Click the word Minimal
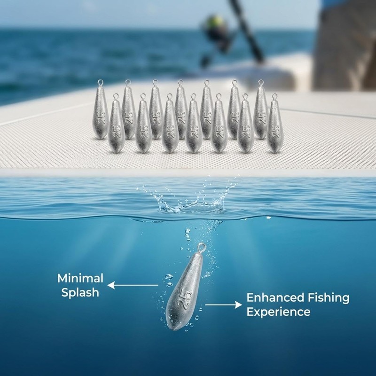click(x=80, y=278)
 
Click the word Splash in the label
click(x=80, y=293)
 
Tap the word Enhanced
click(x=275, y=298)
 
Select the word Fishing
click(x=329, y=298)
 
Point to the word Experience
click(x=278, y=312)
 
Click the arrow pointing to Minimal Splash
click(x=133, y=285)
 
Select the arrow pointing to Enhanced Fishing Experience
click(x=224, y=305)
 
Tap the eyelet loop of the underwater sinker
click(x=202, y=247)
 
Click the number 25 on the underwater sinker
click(x=185, y=298)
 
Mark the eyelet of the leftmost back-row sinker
click(x=100, y=83)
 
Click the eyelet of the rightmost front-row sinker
click(x=274, y=97)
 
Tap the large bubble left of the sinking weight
click(x=169, y=277)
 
